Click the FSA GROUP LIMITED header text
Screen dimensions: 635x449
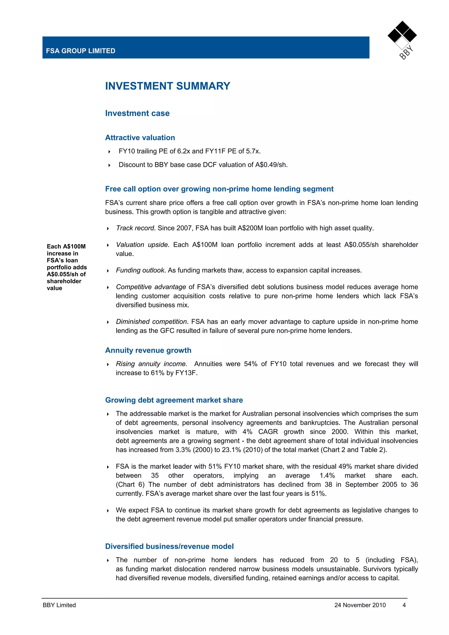(x=80, y=51)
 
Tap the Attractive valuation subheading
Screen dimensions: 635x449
(x=140, y=138)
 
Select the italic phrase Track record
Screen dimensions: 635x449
(x=135, y=228)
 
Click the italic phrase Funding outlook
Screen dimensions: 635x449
(x=140, y=270)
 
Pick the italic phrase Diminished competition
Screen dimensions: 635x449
(x=151, y=322)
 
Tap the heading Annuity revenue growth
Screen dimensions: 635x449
(x=148, y=350)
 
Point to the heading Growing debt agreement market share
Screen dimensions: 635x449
(x=174, y=400)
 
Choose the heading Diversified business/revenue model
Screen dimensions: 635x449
(x=169, y=546)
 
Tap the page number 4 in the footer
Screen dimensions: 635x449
(x=404, y=605)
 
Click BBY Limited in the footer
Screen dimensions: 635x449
(x=59, y=605)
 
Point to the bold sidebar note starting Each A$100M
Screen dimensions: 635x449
(x=66, y=267)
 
